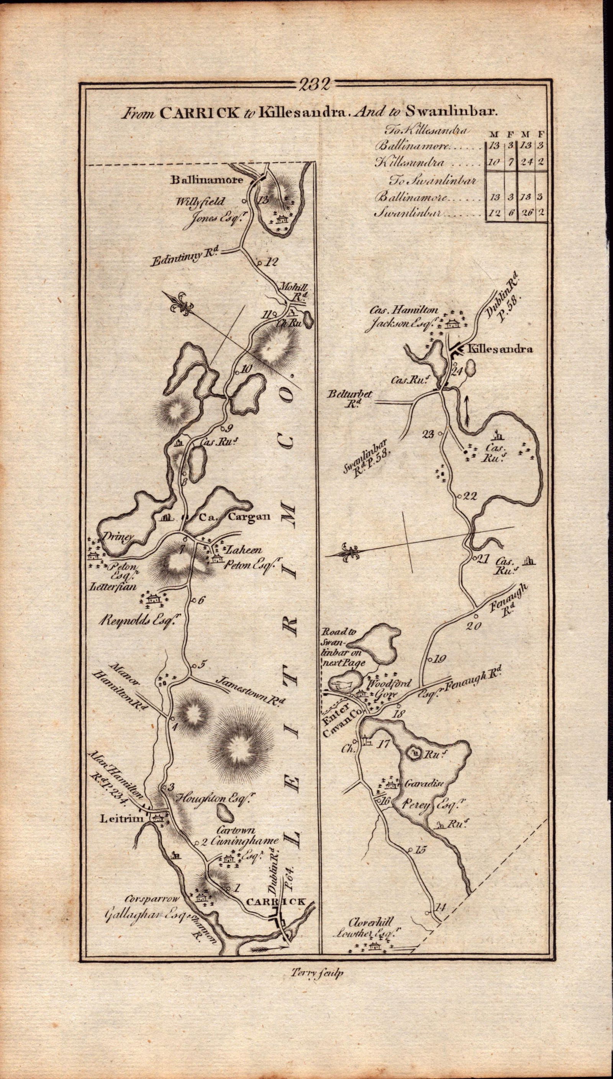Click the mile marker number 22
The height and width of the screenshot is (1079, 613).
[469, 496]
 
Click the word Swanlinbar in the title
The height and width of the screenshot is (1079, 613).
[451, 112]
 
